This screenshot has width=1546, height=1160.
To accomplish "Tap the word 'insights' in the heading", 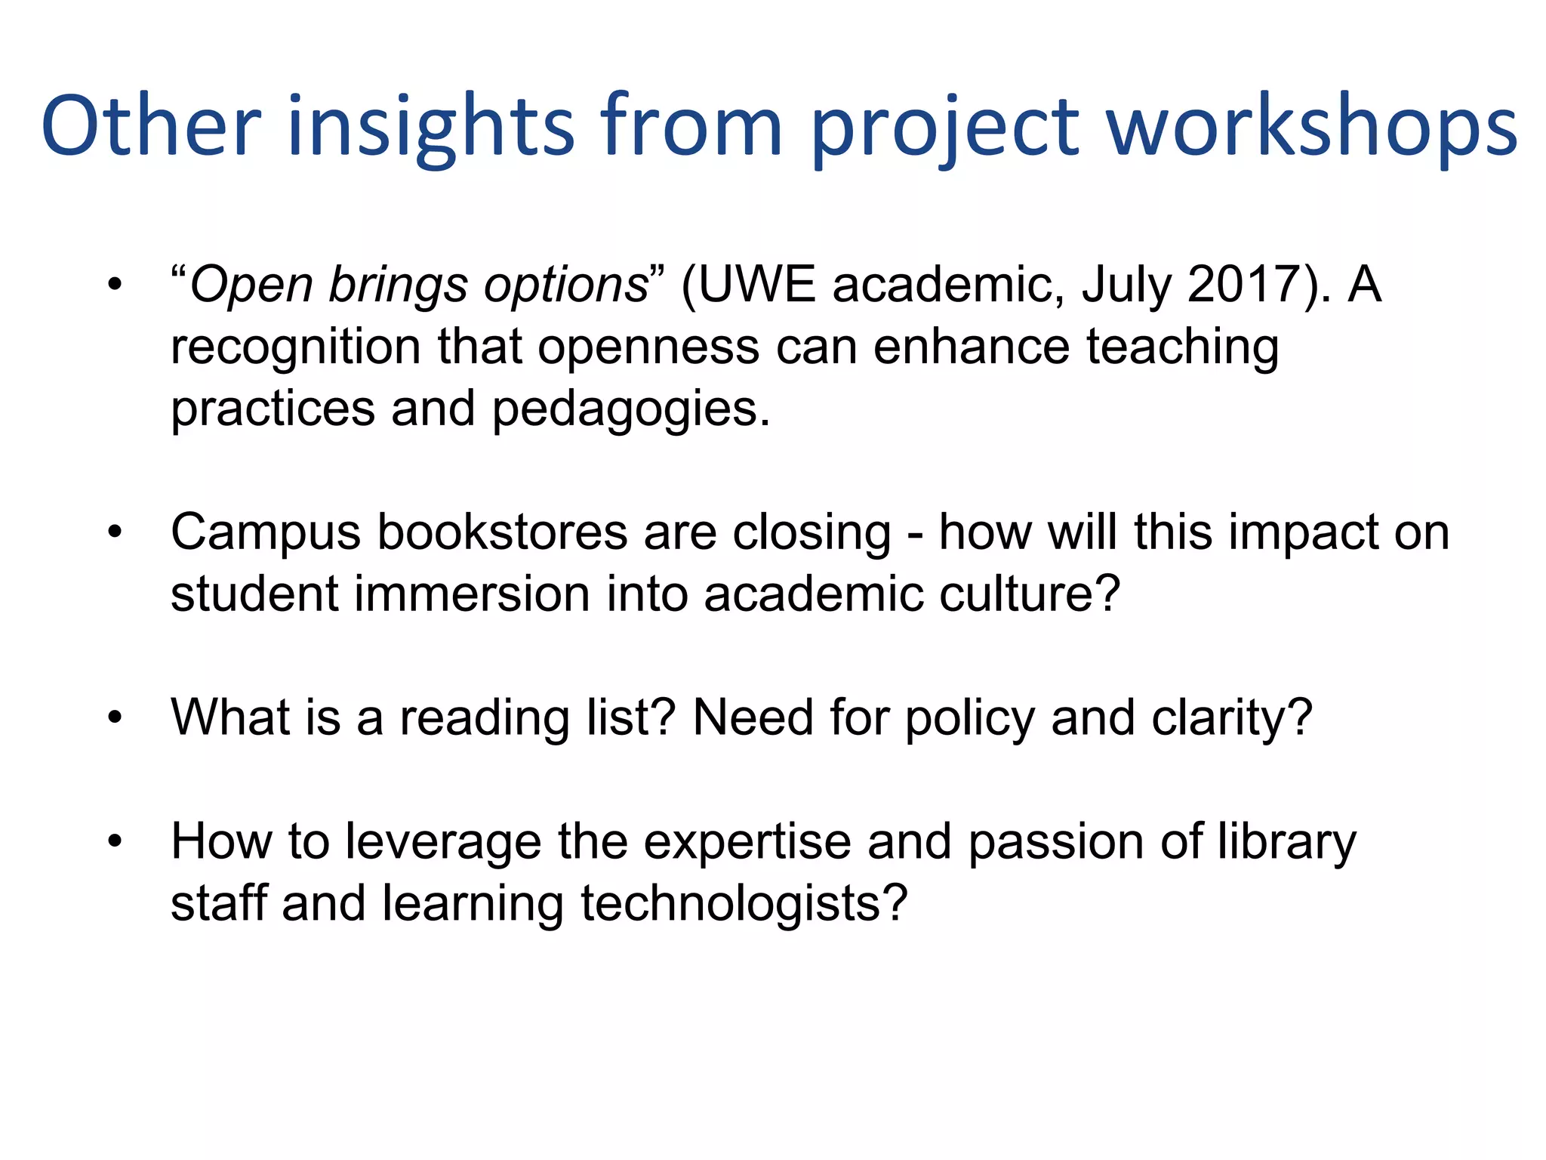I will (x=430, y=128).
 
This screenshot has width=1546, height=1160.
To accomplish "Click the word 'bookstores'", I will (x=501, y=532).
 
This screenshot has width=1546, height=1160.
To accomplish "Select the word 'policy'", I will (x=970, y=718).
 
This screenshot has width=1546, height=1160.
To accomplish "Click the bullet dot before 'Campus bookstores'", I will (x=115, y=533).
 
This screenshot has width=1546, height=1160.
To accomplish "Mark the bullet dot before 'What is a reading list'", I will (x=115, y=717).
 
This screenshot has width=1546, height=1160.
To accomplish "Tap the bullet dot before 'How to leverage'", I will (x=115, y=841).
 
